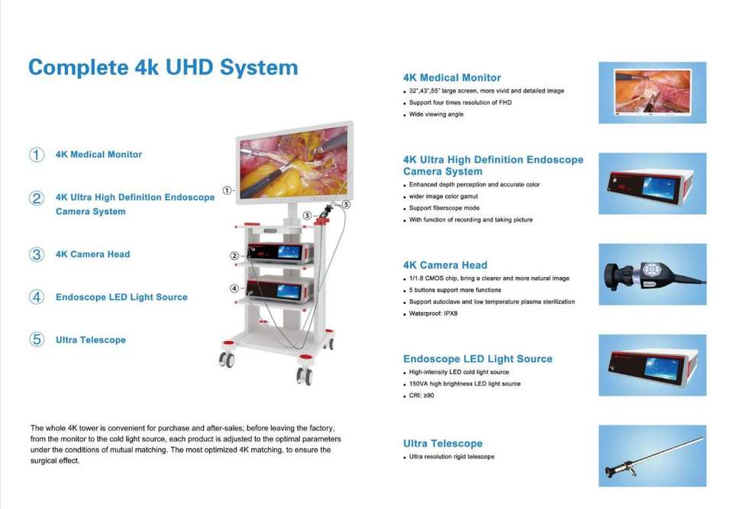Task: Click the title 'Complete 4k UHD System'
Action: (163, 67)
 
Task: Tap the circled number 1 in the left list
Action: (37, 154)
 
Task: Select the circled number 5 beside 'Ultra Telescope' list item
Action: (37, 340)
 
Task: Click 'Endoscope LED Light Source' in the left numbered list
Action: (121, 297)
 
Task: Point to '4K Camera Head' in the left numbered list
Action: (92, 254)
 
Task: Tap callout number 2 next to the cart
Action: (234, 255)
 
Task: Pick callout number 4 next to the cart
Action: (234, 288)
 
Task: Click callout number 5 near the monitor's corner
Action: (346, 205)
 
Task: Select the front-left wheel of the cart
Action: (227, 359)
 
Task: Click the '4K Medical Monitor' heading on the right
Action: (452, 77)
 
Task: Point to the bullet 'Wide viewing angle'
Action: (436, 114)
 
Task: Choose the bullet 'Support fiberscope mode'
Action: (444, 208)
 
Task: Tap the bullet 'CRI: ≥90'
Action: (421, 395)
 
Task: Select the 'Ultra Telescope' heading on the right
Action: (443, 443)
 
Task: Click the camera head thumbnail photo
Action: (652, 274)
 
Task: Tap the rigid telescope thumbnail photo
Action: (652, 456)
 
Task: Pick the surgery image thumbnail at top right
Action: (652, 92)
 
